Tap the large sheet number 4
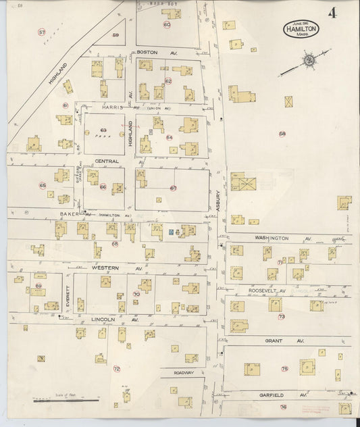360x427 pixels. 332,13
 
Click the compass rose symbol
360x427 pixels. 308,61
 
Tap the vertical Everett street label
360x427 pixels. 68,296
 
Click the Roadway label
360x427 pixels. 183,372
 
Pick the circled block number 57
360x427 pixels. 42,32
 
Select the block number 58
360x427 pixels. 282,133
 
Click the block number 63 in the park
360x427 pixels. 103,129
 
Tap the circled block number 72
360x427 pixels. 116,369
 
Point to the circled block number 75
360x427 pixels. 284,368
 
